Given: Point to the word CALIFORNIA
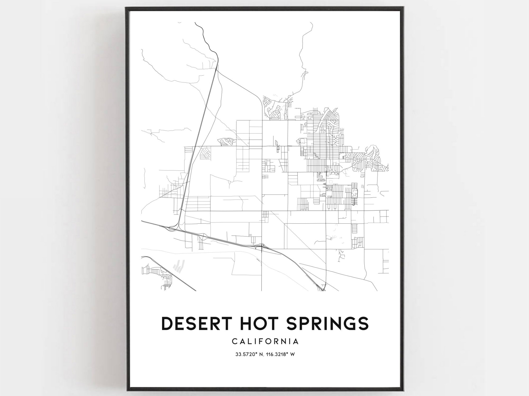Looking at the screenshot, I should click(265, 342).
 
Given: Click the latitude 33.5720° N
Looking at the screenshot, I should click(249, 354).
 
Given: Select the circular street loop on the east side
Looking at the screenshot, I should click(368, 159).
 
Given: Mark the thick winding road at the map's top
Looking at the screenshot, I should click(205, 37).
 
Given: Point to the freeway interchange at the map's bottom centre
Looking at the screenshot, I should click(262, 246).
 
